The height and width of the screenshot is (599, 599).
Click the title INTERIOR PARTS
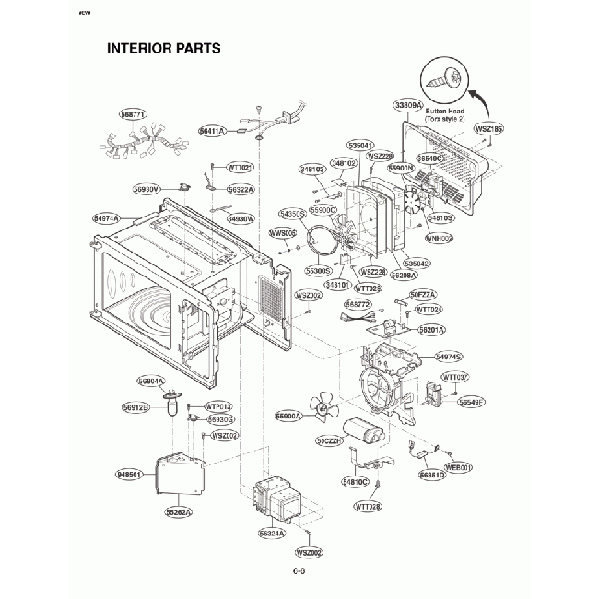coord(163,48)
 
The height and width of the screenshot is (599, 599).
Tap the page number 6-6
coord(299,571)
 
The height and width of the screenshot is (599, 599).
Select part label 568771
coord(133,113)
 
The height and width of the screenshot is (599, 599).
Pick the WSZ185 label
coord(488,129)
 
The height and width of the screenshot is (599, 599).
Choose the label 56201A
coord(431,329)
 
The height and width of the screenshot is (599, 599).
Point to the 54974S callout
coord(448,356)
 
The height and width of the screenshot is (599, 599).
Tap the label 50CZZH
coord(329,441)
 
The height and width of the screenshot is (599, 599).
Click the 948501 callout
coord(129,475)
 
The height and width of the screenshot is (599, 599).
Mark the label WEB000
coord(458,467)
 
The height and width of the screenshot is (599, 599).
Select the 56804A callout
coord(151,381)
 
